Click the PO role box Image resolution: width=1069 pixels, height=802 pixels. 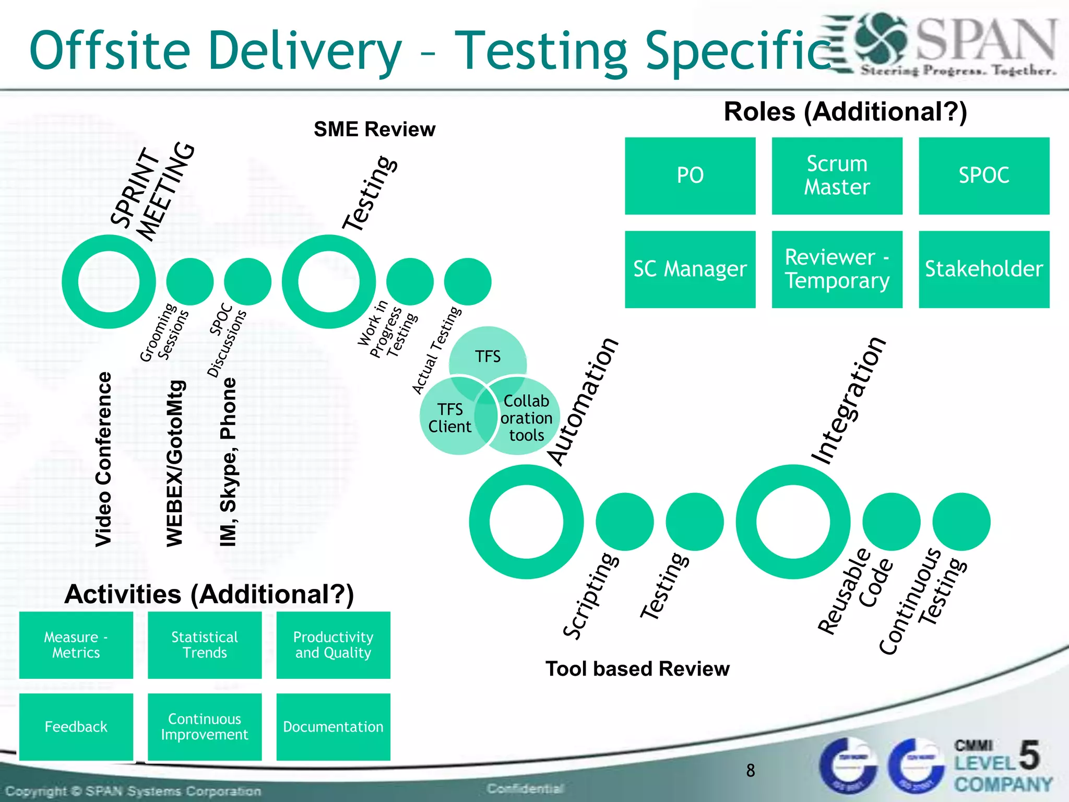[x=690, y=175]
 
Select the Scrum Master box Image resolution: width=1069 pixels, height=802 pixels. [x=837, y=175]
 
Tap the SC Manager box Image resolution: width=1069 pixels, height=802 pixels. [x=690, y=269]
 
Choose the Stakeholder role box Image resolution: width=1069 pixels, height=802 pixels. [x=983, y=269]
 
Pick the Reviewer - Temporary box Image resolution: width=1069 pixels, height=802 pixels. [x=837, y=269]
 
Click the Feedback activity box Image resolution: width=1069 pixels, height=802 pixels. [x=76, y=726]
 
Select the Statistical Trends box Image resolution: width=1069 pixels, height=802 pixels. [x=205, y=645]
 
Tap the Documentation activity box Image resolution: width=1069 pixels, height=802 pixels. [x=333, y=726]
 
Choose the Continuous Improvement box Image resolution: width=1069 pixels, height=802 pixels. [x=205, y=726]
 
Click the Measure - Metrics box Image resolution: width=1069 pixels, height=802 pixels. [x=76, y=645]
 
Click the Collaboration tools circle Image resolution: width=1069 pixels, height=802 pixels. [x=526, y=418]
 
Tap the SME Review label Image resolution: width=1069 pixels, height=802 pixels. [x=374, y=129]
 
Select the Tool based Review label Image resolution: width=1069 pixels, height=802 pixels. [x=637, y=668]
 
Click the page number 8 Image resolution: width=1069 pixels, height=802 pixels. [x=751, y=770]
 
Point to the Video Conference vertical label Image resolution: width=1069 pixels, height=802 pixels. [x=103, y=459]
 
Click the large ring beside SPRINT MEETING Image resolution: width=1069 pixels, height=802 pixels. [x=109, y=281]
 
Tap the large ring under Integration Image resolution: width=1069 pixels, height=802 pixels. [x=793, y=522]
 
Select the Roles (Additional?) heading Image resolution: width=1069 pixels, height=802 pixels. [x=845, y=112]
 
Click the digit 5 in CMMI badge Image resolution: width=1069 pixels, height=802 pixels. [x=1029, y=755]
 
